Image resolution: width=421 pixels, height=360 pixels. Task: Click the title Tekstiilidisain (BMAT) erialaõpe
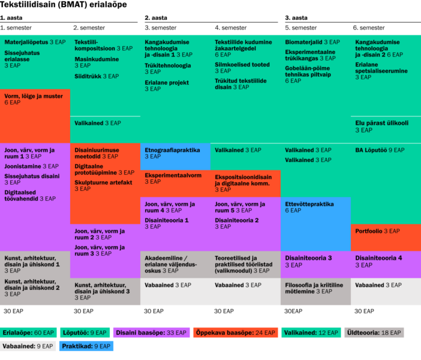pyautogui.click(x=64, y=5)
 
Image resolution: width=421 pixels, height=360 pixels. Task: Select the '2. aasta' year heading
pyautogui.click(x=156, y=18)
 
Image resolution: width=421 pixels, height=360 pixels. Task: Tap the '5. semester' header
pyautogui.click(x=300, y=28)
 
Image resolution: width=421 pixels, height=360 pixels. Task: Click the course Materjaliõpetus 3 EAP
pyautogui.click(x=35, y=42)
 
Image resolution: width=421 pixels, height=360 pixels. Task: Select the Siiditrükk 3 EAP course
pyautogui.click(x=97, y=76)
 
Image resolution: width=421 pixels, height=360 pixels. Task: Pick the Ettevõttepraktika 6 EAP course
pyautogui.click(x=309, y=207)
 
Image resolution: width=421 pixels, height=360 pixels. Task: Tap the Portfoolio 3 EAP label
pyautogui.click(x=377, y=231)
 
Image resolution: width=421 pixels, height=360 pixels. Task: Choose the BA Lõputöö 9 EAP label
pyautogui.click(x=380, y=150)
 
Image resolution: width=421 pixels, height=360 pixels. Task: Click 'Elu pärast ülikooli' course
pyautogui.click(x=382, y=127)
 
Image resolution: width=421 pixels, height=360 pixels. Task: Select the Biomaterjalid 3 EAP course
pyautogui.click(x=312, y=42)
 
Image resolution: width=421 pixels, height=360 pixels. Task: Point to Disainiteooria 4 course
pyautogui.click(x=378, y=262)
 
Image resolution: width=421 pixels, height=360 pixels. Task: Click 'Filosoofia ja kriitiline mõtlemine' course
pyautogui.click(x=314, y=288)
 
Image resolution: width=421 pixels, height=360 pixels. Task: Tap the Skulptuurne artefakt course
pyautogui.click(x=103, y=185)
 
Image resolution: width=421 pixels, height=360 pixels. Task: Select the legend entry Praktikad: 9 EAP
pyautogui.click(x=86, y=346)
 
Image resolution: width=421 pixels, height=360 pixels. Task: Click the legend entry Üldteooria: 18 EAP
pyautogui.click(x=374, y=332)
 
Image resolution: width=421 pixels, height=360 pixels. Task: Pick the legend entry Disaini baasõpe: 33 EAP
pyautogui.click(x=151, y=332)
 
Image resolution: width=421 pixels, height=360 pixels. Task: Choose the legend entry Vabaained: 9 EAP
pyautogui.click(x=28, y=346)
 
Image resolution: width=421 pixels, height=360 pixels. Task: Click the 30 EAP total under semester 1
pyautogui.click(x=13, y=311)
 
